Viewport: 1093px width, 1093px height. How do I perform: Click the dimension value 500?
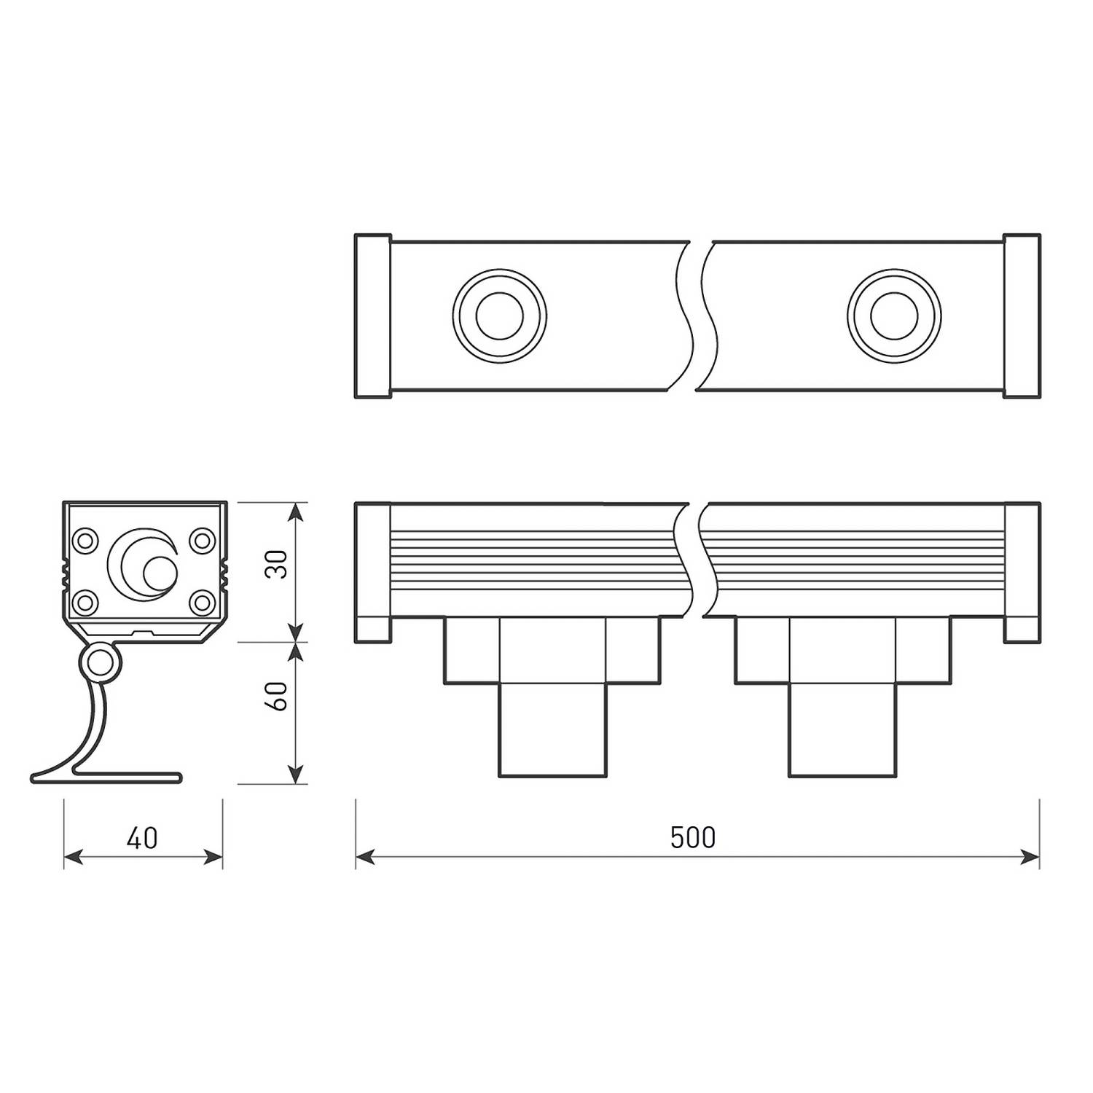pyautogui.click(x=693, y=838)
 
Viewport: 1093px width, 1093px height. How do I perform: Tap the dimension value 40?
pyautogui.click(x=142, y=838)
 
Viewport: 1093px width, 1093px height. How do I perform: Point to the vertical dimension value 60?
pyautogui.click(x=277, y=696)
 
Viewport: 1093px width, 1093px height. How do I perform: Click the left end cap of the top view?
pyautogui.click(x=373, y=316)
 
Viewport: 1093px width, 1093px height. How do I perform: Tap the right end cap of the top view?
pyautogui.click(x=1022, y=316)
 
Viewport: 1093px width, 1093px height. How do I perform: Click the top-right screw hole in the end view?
pyautogui.click(x=201, y=541)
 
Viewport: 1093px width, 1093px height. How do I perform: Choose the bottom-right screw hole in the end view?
pyautogui.click(x=201, y=602)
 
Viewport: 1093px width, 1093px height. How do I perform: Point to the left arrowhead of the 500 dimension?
pyautogui.click(x=364, y=858)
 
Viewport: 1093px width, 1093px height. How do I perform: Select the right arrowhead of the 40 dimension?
pyautogui.click(x=214, y=858)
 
